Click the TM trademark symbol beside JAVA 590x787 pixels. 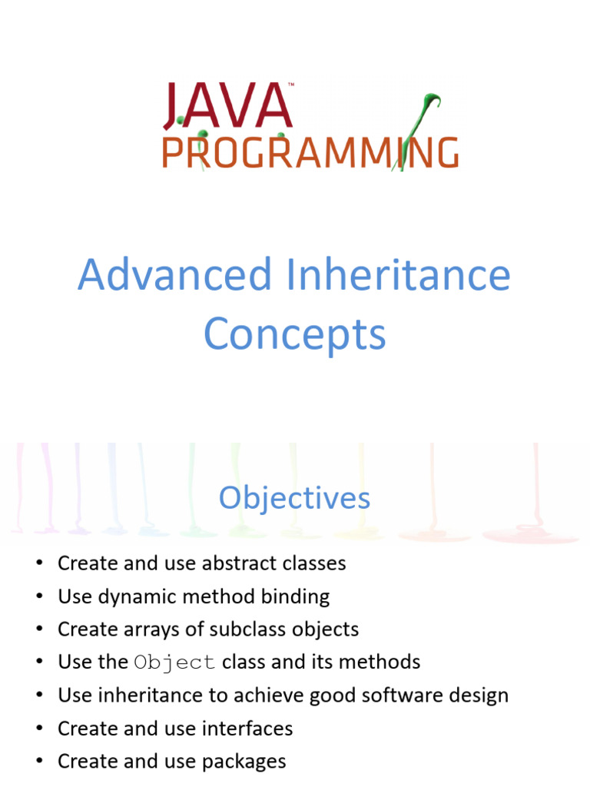(290, 85)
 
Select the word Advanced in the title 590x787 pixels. (175, 275)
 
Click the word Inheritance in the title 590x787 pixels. (397, 275)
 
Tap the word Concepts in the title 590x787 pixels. (294, 334)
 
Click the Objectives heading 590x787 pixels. (294, 498)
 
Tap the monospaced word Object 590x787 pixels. (174, 662)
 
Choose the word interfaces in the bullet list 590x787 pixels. (248, 729)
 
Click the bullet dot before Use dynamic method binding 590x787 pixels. (38, 597)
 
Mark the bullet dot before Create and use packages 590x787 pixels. (38, 762)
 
